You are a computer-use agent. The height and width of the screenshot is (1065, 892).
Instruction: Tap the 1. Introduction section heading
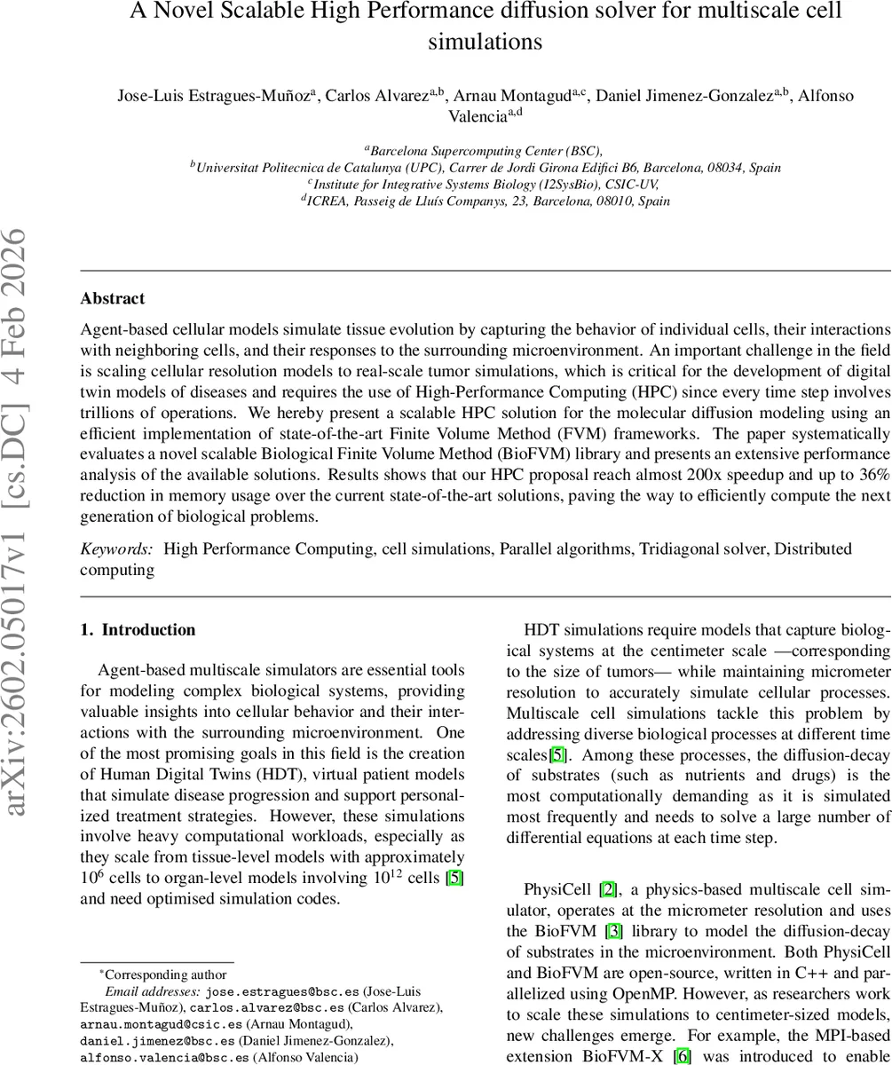click(x=138, y=630)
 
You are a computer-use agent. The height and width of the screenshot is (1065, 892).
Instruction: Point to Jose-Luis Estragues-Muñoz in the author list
click(x=214, y=97)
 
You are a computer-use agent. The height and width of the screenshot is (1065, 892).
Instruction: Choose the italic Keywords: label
click(x=116, y=549)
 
